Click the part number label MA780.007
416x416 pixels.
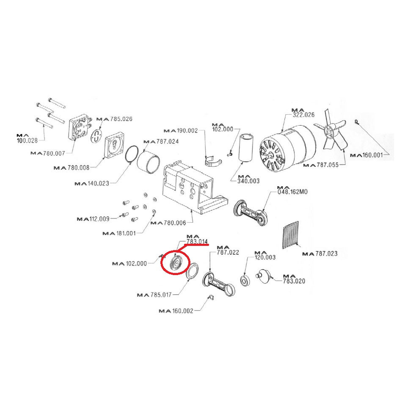point(47,152)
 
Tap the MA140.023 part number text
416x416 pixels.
point(91,184)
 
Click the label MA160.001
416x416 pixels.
point(367,155)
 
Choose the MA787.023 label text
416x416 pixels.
point(320,254)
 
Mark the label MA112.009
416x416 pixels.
point(93,219)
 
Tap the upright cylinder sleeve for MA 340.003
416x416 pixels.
point(245,149)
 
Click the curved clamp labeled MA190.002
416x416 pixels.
point(215,162)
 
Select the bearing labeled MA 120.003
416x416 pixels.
point(245,281)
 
